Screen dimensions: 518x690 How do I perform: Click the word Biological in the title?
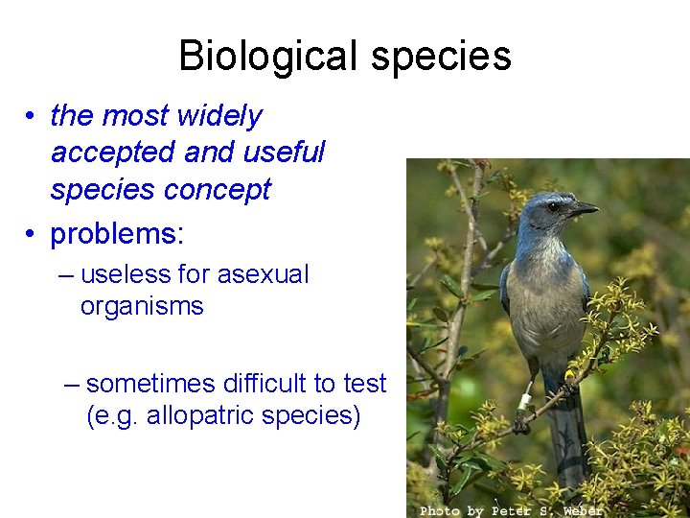point(270,56)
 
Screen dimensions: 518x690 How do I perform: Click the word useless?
point(126,274)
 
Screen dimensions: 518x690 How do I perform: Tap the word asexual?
point(263,274)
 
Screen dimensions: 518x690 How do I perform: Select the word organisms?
point(142,307)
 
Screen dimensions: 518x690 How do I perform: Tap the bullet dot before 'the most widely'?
point(32,117)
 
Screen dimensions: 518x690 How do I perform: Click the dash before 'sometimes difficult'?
point(72,385)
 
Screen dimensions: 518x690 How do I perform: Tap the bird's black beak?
point(582,208)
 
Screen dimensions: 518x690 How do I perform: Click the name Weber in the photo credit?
point(582,510)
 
